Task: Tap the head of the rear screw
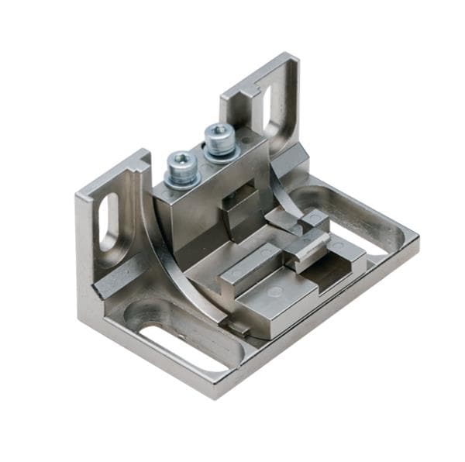tap(219, 135)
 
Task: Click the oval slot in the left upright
tap(109, 221)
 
